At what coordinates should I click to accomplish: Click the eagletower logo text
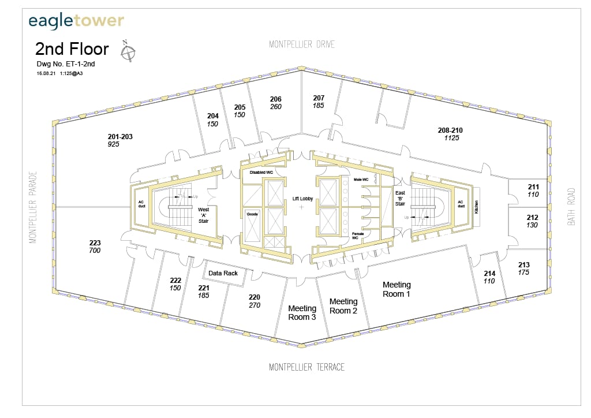[76, 21]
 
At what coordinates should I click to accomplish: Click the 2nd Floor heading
[72, 48]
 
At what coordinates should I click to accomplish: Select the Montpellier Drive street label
[302, 44]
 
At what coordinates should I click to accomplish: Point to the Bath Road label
[571, 206]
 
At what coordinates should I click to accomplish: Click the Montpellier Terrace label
[306, 367]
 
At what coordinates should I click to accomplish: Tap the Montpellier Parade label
[33, 206]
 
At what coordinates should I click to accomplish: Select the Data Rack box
[223, 273]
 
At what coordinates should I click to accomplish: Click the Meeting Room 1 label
[397, 289]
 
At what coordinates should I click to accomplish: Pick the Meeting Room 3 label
[302, 312]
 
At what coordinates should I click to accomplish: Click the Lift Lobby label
[302, 198]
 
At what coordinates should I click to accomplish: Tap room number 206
[276, 99]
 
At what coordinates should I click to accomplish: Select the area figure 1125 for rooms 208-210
[451, 138]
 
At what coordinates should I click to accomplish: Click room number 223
[95, 243]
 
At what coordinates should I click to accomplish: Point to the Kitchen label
[476, 207]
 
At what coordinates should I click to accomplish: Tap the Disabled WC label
[261, 172]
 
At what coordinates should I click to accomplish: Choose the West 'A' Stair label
[204, 213]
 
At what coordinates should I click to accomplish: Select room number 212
[532, 218]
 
